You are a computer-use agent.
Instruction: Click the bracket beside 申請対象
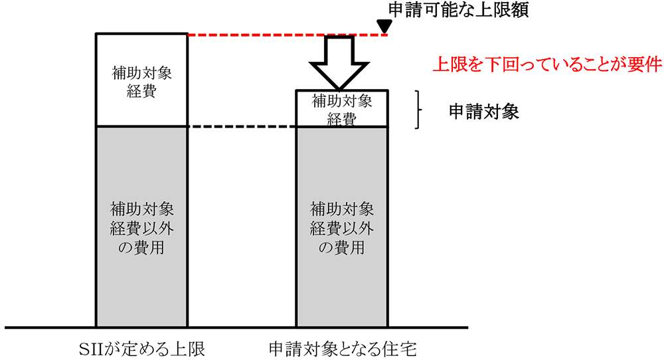click(420, 110)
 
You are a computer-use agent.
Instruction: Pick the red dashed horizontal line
click(286, 34)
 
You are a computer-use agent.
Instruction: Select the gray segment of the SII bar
click(141, 279)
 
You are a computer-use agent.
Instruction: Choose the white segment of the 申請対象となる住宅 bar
click(341, 110)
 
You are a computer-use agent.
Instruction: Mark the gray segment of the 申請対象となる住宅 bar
click(341, 286)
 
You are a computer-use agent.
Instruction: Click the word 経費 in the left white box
click(141, 91)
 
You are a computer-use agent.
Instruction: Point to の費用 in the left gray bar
click(141, 248)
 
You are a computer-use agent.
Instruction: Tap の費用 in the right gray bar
click(341, 248)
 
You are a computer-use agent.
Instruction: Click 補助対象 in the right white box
click(341, 102)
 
